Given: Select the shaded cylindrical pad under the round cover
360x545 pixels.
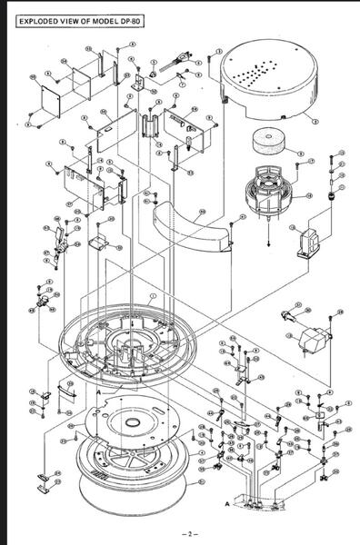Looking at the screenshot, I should [270, 144].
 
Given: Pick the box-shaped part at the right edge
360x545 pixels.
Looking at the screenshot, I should [312, 339].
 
